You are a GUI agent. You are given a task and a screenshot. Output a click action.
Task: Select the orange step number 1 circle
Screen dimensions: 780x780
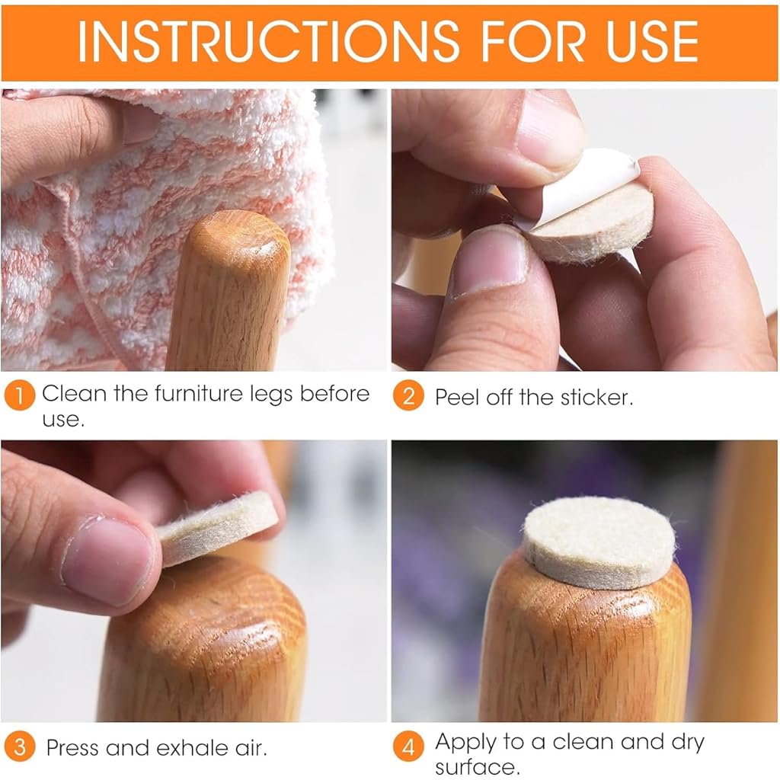click(19, 396)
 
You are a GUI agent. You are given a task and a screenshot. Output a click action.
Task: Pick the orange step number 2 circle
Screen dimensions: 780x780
click(408, 396)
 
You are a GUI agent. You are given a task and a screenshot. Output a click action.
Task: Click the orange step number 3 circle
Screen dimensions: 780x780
click(19, 747)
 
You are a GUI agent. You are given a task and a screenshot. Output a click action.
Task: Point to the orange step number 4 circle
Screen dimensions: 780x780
click(408, 747)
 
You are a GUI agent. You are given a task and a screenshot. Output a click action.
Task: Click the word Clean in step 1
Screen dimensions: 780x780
click(74, 394)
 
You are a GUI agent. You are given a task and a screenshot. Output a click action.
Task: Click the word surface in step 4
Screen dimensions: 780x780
click(477, 766)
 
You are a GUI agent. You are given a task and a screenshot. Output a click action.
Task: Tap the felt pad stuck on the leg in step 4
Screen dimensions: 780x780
click(599, 542)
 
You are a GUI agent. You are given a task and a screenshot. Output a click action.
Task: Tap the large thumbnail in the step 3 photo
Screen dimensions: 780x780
click(107, 560)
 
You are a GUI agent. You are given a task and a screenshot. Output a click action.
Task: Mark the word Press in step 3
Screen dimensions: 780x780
click(72, 748)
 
